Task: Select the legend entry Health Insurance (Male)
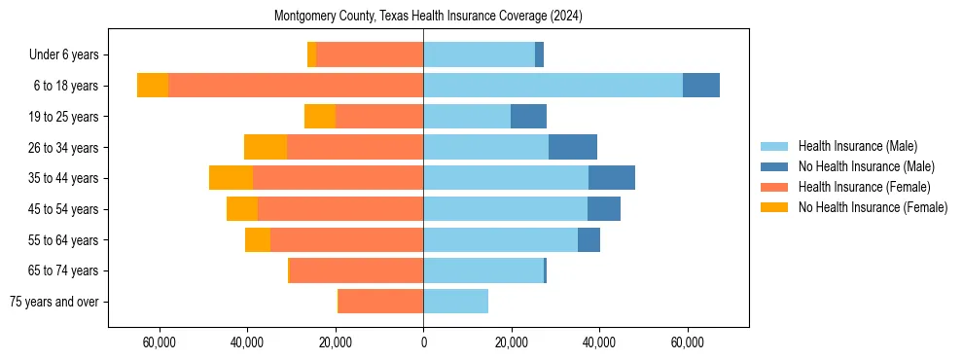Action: point(856,146)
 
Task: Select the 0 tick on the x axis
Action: point(423,342)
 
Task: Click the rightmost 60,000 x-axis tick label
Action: point(687,342)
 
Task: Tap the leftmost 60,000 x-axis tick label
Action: point(160,342)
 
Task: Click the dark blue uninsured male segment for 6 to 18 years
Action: point(701,86)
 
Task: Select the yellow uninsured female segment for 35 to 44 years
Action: point(231,178)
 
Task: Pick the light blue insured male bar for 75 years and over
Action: point(455,302)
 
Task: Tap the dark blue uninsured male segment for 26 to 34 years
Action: point(573,147)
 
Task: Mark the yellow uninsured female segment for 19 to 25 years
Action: point(320,117)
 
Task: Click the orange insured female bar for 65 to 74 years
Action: point(356,270)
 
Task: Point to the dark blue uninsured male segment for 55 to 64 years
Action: point(588,239)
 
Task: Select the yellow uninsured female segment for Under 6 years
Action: point(311,55)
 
